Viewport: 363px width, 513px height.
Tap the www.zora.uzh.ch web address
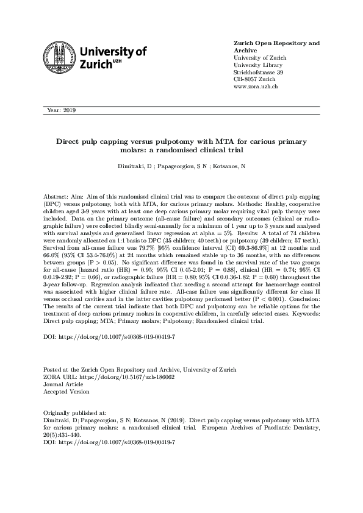tap(256, 87)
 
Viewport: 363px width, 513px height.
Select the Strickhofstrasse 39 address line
tap(259, 73)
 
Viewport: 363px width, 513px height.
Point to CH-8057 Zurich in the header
tap(254, 80)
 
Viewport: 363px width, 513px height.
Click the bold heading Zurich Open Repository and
tap(277, 43)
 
